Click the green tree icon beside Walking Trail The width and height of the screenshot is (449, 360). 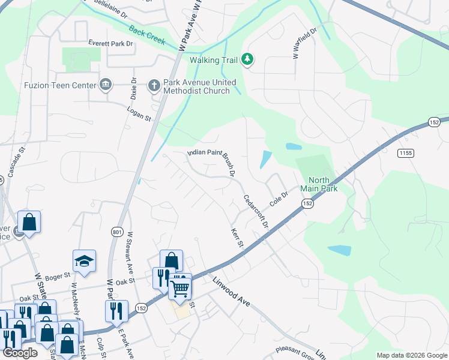247,59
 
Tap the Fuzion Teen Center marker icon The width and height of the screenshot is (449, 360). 106,85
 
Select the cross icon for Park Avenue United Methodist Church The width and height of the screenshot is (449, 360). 153,85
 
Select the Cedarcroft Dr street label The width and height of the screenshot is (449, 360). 255,211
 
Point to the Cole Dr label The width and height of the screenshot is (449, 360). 279,200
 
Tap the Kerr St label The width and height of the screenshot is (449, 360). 237,238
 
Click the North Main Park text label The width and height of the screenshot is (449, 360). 323,184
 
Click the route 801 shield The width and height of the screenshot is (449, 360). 116,232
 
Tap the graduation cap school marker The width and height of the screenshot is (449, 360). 85,260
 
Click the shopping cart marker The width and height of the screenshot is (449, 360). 180,288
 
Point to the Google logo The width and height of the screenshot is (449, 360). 20,353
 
